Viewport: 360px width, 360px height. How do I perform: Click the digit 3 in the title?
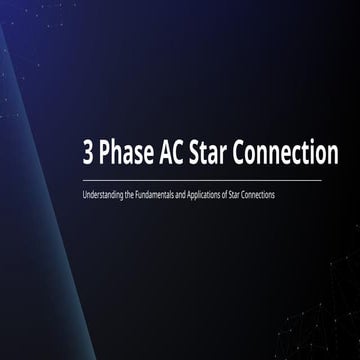[x=91, y=156]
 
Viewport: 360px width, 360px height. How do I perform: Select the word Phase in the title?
[x=126, y=156]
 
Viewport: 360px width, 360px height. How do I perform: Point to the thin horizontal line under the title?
[x=200, y=180]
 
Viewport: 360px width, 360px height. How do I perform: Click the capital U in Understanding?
[x=85, y=194]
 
